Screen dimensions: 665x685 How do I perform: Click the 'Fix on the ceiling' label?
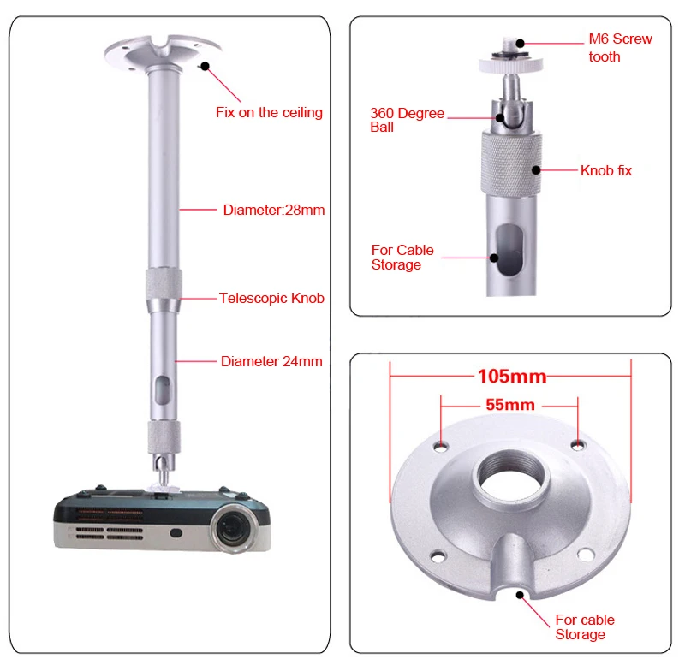coord(269,112)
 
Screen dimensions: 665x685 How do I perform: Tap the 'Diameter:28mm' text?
coord(273,210)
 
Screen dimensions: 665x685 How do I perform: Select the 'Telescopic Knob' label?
coord(271,298)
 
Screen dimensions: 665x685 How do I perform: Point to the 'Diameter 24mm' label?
coord(271,361)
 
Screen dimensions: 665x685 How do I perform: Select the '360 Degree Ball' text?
coord(407,120)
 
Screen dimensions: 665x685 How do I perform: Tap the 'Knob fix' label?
coord(606,170)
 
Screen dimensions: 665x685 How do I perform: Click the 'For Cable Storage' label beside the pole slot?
coord(402,258)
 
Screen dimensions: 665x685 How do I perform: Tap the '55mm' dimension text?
coord(509,405)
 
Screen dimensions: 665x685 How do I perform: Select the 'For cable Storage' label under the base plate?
coord(585,626)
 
